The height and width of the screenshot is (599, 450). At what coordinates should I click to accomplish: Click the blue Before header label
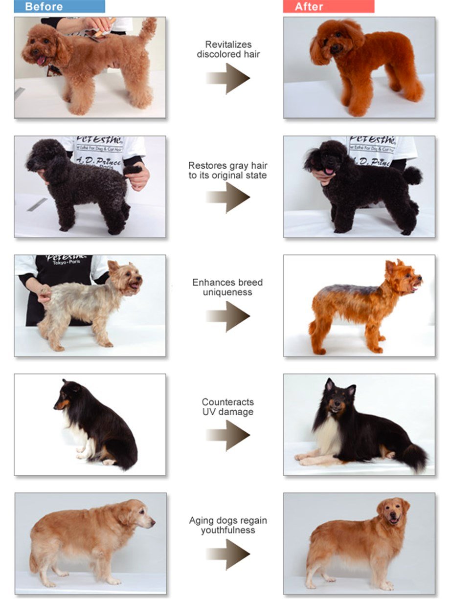click(x=59, y=6)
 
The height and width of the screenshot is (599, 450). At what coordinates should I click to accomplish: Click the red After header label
click(x=328, y=6)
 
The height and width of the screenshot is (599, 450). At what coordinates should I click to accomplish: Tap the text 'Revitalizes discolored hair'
click(x=228, y=49)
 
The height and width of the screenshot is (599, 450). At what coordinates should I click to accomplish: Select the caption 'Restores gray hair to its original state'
click(x=228, y=171)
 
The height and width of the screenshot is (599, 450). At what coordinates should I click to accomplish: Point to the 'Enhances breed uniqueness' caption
click(x=228, y=288)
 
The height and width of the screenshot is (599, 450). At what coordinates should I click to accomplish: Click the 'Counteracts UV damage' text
click(x=228, y=407)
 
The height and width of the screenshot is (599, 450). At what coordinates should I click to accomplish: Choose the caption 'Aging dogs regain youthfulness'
click(x=228, y=525)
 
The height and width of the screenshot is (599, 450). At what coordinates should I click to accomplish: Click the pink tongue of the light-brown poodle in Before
click(x=41, y=60)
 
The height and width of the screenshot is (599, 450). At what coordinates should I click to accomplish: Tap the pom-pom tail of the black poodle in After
click(x=412, y=176)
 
